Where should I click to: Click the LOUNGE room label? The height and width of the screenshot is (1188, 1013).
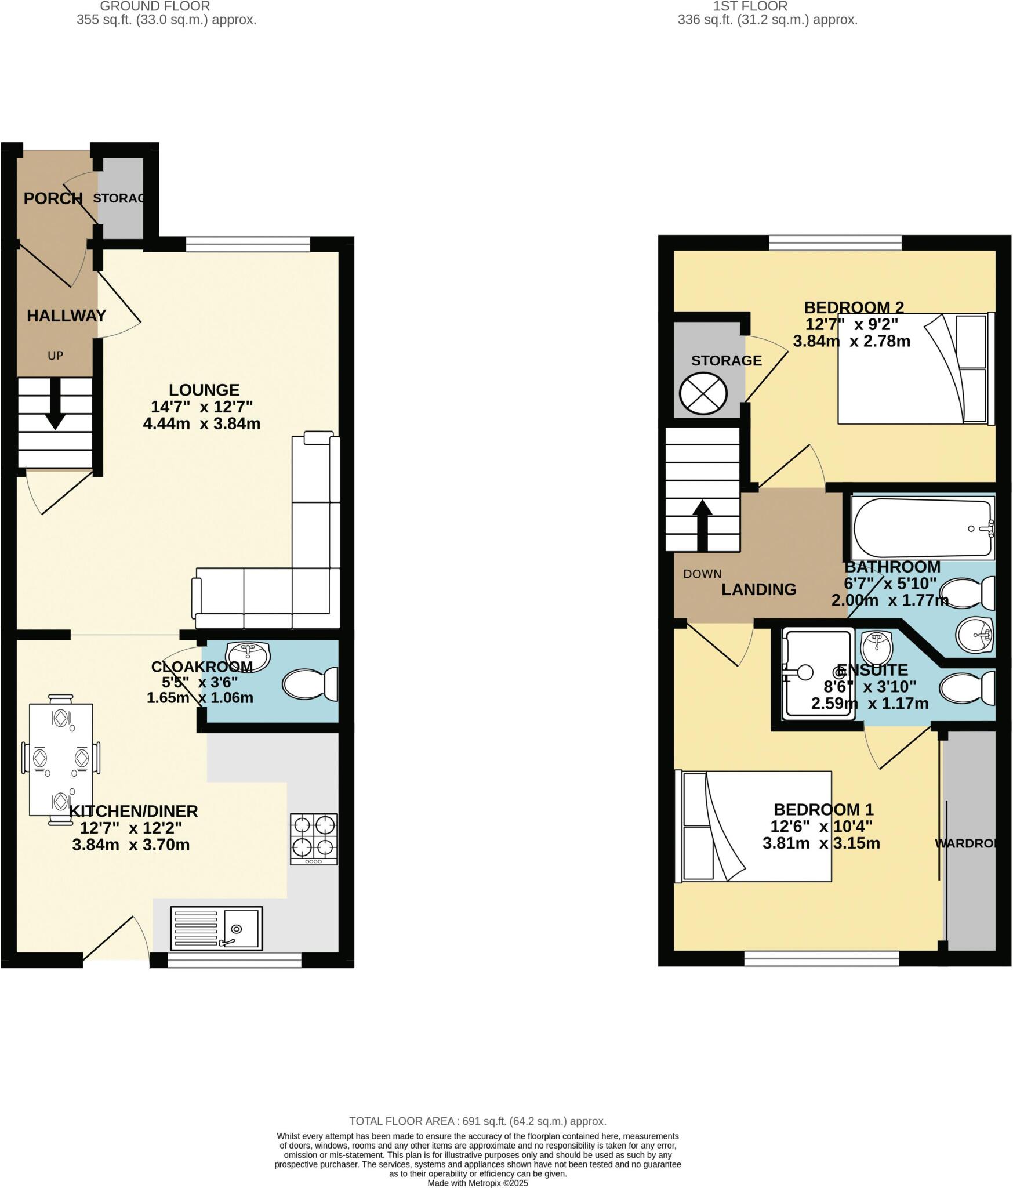tap(204, 390)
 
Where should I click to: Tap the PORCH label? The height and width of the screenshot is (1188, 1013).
tap(53, 198)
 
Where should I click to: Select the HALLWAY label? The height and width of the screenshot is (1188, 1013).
tap(66, 316)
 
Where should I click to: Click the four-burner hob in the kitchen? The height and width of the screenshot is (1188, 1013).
tap(314, 839)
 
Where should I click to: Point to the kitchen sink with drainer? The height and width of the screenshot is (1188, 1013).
tap(216, 928)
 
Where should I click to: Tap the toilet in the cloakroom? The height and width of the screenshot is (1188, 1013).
tap(310, 683)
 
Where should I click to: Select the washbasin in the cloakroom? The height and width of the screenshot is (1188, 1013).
tap(248, 655)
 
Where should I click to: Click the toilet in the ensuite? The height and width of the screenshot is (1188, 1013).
tap(965, 689)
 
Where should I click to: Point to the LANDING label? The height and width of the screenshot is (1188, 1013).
tap(758, 589)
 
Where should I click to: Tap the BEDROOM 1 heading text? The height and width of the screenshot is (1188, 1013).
tap(823, 809)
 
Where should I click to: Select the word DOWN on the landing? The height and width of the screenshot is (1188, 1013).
tap(702, 574)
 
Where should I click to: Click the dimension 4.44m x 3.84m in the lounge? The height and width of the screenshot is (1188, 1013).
tap(201, 423)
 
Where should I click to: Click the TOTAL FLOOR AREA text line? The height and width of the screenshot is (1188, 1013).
tap(477, 1121)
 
